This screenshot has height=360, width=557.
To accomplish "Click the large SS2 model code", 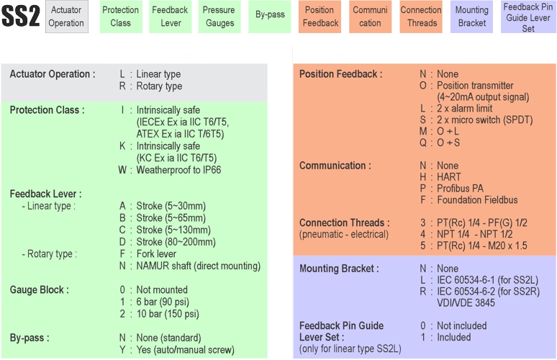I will pos(21,17).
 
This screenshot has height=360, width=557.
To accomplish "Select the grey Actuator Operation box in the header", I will pos(67,17).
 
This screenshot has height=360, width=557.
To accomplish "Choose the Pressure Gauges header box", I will pos(219,17).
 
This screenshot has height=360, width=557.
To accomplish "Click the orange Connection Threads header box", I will pos(421,17).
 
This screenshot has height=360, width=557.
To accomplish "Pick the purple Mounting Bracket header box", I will pos(472,17).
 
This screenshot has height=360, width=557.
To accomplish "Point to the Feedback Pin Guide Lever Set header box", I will pos(529,17).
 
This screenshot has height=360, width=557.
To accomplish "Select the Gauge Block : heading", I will pos(40,290).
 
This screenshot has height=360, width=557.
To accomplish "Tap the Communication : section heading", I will pos(335,166).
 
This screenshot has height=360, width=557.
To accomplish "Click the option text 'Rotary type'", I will pos(159,86).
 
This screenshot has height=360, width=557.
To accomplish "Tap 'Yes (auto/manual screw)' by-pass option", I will pos(186,350).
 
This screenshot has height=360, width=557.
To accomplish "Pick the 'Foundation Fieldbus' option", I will pos(477,200).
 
